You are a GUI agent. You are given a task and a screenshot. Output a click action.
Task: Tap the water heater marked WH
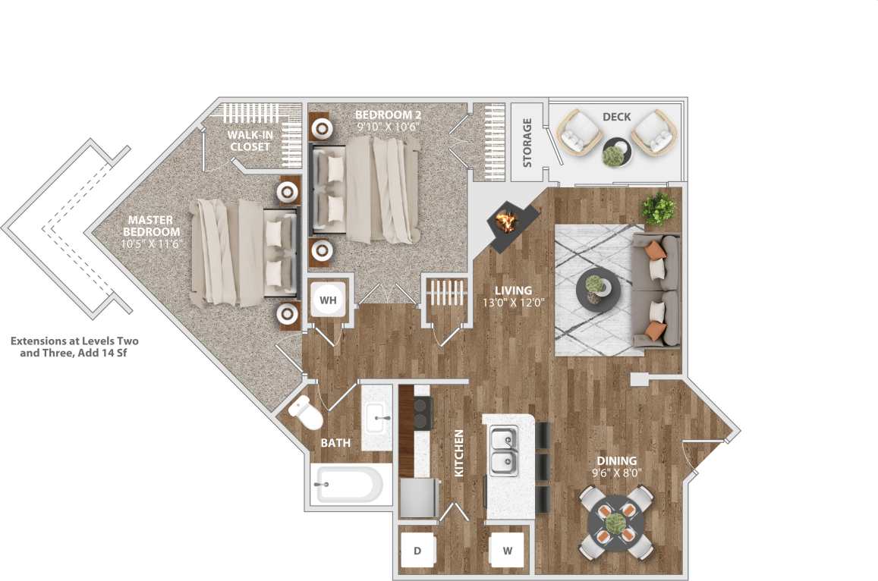[328, 300]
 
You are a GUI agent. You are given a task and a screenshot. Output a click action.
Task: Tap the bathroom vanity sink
[377, 416]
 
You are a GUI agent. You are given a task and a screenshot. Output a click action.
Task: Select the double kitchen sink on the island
[502, 450]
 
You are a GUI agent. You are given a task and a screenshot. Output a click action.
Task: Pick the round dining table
[615, 522]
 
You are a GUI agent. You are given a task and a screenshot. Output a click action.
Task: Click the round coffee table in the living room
[598, 292]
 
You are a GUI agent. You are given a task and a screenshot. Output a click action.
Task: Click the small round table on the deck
[615, 152]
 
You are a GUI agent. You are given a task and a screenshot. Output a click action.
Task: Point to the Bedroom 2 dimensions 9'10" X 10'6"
[387, 127]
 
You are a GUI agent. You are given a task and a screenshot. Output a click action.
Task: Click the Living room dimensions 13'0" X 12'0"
[514, 303]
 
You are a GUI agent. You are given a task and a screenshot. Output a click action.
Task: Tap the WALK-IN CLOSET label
[250, 140]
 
